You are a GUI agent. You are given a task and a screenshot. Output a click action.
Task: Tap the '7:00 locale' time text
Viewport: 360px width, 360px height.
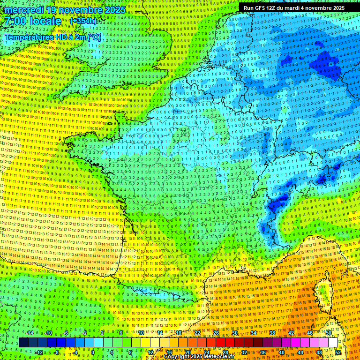tap(32, 21)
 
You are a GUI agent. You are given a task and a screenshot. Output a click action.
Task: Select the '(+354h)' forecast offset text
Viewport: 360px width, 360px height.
tap(83, 21)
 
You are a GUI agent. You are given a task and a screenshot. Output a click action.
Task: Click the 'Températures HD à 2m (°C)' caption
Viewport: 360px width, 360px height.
tap(52, 37)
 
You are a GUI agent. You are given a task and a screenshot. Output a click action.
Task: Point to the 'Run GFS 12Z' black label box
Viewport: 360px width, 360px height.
tap(294, 8)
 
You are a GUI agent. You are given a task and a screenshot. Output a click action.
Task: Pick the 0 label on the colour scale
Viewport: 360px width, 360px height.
tap(93, 352)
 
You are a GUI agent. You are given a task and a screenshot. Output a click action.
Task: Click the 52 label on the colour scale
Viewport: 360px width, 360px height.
tap(338, 352)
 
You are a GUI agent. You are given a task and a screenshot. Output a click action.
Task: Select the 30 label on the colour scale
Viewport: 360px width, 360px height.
tap(234, 333)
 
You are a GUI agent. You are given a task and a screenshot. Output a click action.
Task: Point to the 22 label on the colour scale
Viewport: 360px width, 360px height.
tap(197, 333)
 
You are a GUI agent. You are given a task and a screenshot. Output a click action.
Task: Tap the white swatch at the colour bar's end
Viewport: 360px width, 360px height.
tap(333, 343)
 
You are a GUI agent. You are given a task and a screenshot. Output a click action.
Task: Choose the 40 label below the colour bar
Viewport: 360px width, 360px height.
tap(281, 352)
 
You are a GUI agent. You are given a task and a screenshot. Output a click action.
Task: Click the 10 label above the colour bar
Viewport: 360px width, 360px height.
tap(141, 333)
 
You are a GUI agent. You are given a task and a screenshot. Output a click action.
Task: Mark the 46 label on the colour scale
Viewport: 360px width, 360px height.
tap(309, 333)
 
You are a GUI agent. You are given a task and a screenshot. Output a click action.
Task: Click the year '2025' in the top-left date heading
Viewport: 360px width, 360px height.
tap(112, 10)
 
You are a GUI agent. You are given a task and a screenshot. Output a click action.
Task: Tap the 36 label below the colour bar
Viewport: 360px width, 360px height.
tap(262, 352)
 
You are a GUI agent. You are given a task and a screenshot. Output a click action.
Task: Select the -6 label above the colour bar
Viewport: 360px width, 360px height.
tap(66, 333)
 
